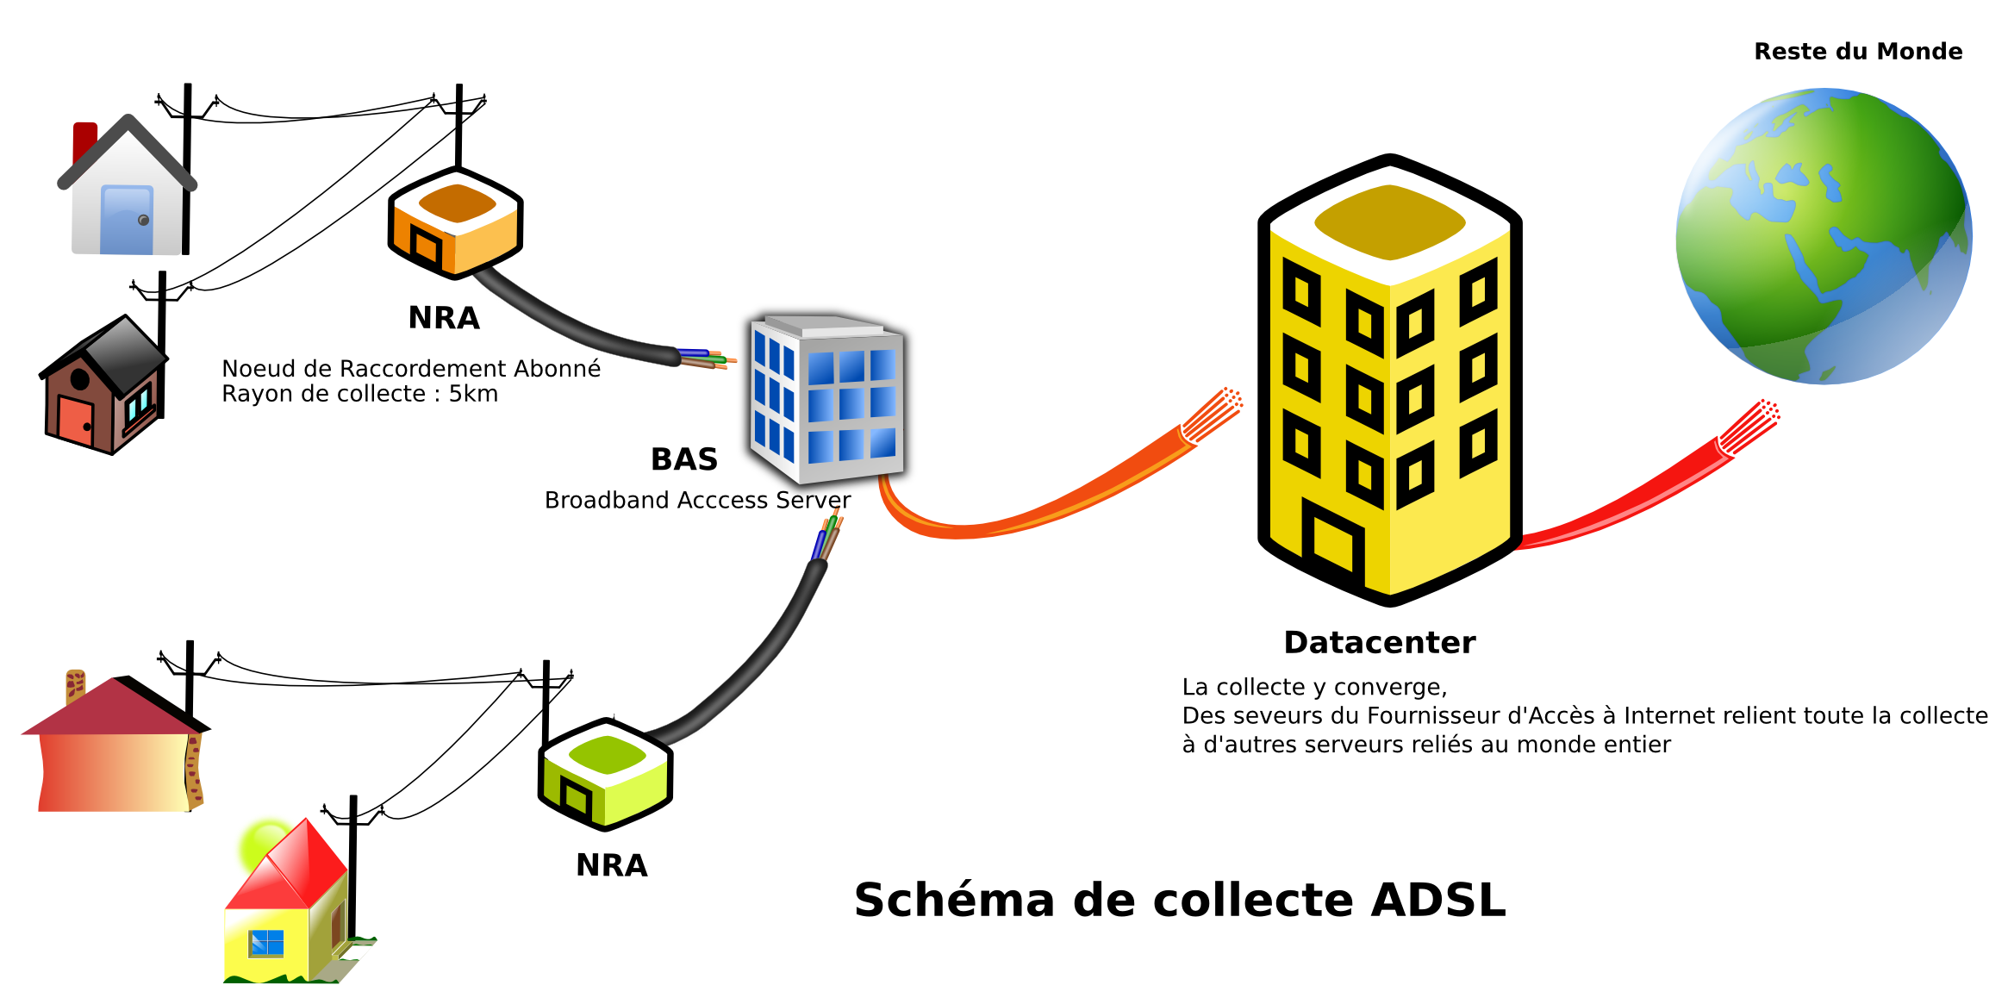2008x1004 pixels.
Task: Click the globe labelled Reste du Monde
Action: click(x=1823, y=237)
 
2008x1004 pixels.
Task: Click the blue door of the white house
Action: click(x=128, y=221)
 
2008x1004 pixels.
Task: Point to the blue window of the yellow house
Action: click(x=266, y=944)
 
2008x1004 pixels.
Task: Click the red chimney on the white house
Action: click(x=84, y=140)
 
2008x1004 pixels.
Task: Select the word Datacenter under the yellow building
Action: click(x=1379, y=643)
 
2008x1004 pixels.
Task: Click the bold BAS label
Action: click(x=683, y=459)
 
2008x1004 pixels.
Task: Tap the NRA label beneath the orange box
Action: click(x=444, y=318)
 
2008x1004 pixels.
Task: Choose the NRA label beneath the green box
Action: click(x=611, y=865)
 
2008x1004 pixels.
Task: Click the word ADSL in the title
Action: click(x=1437, y=901)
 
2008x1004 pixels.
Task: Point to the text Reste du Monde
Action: click(x=1858, y=52)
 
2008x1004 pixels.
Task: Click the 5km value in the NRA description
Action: click(x=473, y=394)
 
